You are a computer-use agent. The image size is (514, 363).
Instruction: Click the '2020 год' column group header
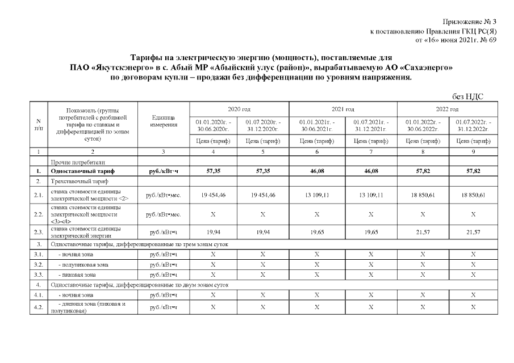click(x=239, y=108)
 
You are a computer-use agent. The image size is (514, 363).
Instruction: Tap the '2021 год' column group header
click(x=343, y=108)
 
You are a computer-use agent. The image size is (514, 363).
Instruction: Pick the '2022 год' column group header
click(x=448, y=108)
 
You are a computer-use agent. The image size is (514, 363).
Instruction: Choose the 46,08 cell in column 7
click(x=370, y=171)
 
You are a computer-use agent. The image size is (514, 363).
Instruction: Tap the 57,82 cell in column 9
click(x=473, y=171)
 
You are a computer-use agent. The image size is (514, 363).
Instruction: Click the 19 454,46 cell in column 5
click(x=263, y=195)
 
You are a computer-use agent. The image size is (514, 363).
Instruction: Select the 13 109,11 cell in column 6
click(x=316, y=195)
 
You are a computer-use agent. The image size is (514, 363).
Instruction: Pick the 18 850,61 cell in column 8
click(x=423, y=195)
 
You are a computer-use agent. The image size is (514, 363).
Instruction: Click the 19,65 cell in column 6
click(x=316, y=232)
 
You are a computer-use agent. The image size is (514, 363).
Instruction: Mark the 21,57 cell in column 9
click(x=473, y=232)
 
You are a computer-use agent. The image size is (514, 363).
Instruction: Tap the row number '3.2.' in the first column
click(x=38, y=264)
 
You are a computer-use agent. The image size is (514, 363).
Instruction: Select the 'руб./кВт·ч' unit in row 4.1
click(x=162, y=295)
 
